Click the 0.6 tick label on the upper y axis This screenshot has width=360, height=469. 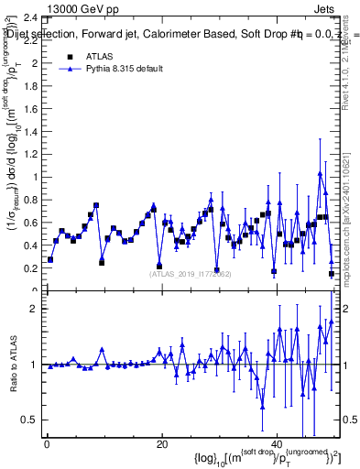31,223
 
